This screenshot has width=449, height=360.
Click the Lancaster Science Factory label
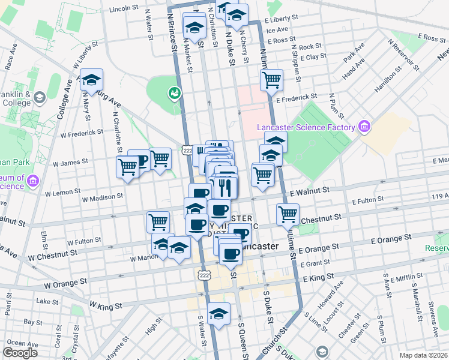click(x=306, y=127)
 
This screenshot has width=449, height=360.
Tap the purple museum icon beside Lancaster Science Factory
click(x=364, y=127)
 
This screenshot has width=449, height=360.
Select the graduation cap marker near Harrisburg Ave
click(x=91, y=79)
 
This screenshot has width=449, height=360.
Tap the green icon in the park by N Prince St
click(x=175, y=93)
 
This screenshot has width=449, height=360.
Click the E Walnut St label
click(x=310, y=190)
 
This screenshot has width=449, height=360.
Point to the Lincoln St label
click(x=124, y=9)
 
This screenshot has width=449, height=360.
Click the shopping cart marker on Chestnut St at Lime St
click(x=288, y=214)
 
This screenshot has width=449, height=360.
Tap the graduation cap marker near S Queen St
click(x=219, y=314)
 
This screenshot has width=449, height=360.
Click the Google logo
click(x=20, y=352)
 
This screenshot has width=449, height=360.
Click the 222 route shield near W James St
click(x=187, y=150)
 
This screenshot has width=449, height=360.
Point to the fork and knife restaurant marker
click(x=225, y=187)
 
